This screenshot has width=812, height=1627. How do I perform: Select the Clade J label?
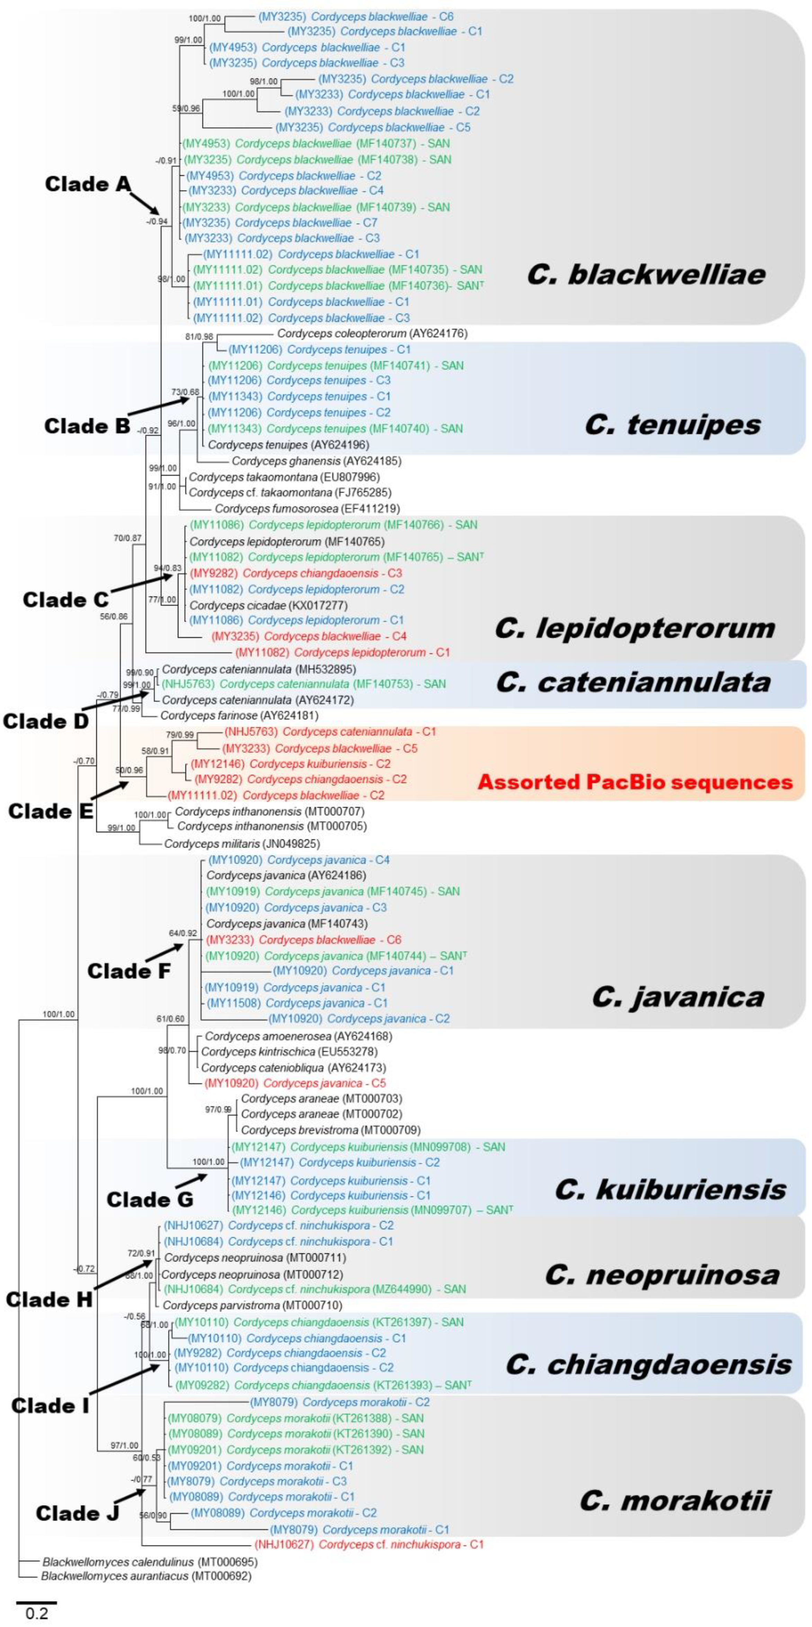tap(77, 1513)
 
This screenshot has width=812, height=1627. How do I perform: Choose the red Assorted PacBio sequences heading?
tap(634, 782)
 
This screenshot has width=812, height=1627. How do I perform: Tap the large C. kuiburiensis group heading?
tap(670, 1190)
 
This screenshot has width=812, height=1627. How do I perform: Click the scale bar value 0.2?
tap(37, 1614)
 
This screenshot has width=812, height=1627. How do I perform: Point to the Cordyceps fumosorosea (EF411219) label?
tap(307, 508)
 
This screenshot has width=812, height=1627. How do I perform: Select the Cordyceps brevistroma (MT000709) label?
tap(330, 1130)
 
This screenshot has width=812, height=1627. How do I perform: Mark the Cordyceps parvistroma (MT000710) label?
tap(252, 1305)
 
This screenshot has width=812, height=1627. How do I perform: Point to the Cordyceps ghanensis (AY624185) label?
tap(316, 461)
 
